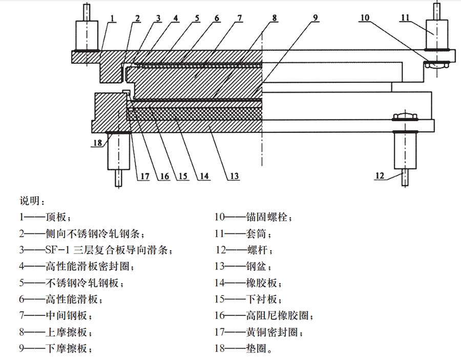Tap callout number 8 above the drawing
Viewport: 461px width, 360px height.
[x=275, y=18]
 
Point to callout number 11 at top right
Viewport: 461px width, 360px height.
[x=405, y=18]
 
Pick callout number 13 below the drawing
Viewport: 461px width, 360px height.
[x=234, y=176]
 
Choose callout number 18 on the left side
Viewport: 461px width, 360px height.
[x=97, y=143]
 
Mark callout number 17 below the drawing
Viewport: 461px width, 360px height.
[x=144, y=176]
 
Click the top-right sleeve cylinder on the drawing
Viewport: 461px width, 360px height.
[x=437, y=34]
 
